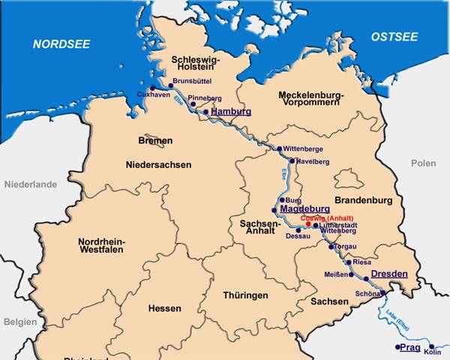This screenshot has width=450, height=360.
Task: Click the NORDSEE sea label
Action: click(61, 44)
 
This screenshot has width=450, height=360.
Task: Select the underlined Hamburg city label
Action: click(231, 112)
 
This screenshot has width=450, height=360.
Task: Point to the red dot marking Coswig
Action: click(307, 224)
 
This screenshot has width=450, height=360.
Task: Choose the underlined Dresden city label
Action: click(389, 274)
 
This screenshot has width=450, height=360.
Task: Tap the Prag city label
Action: click(409, 348)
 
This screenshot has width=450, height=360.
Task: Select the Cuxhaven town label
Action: click(153, 94)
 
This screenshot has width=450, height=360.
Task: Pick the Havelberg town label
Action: click(313, 161)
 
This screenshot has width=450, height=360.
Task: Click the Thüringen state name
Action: click(245, 295)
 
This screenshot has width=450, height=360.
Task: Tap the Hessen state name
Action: click(164, 308)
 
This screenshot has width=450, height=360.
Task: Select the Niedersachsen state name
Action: click(158, 164)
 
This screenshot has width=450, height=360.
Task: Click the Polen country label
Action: click(423, 163)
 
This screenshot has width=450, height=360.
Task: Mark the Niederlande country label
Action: click(31, 184)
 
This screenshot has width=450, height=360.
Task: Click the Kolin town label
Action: click(433, 351)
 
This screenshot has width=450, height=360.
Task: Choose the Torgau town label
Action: click(344, 247)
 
